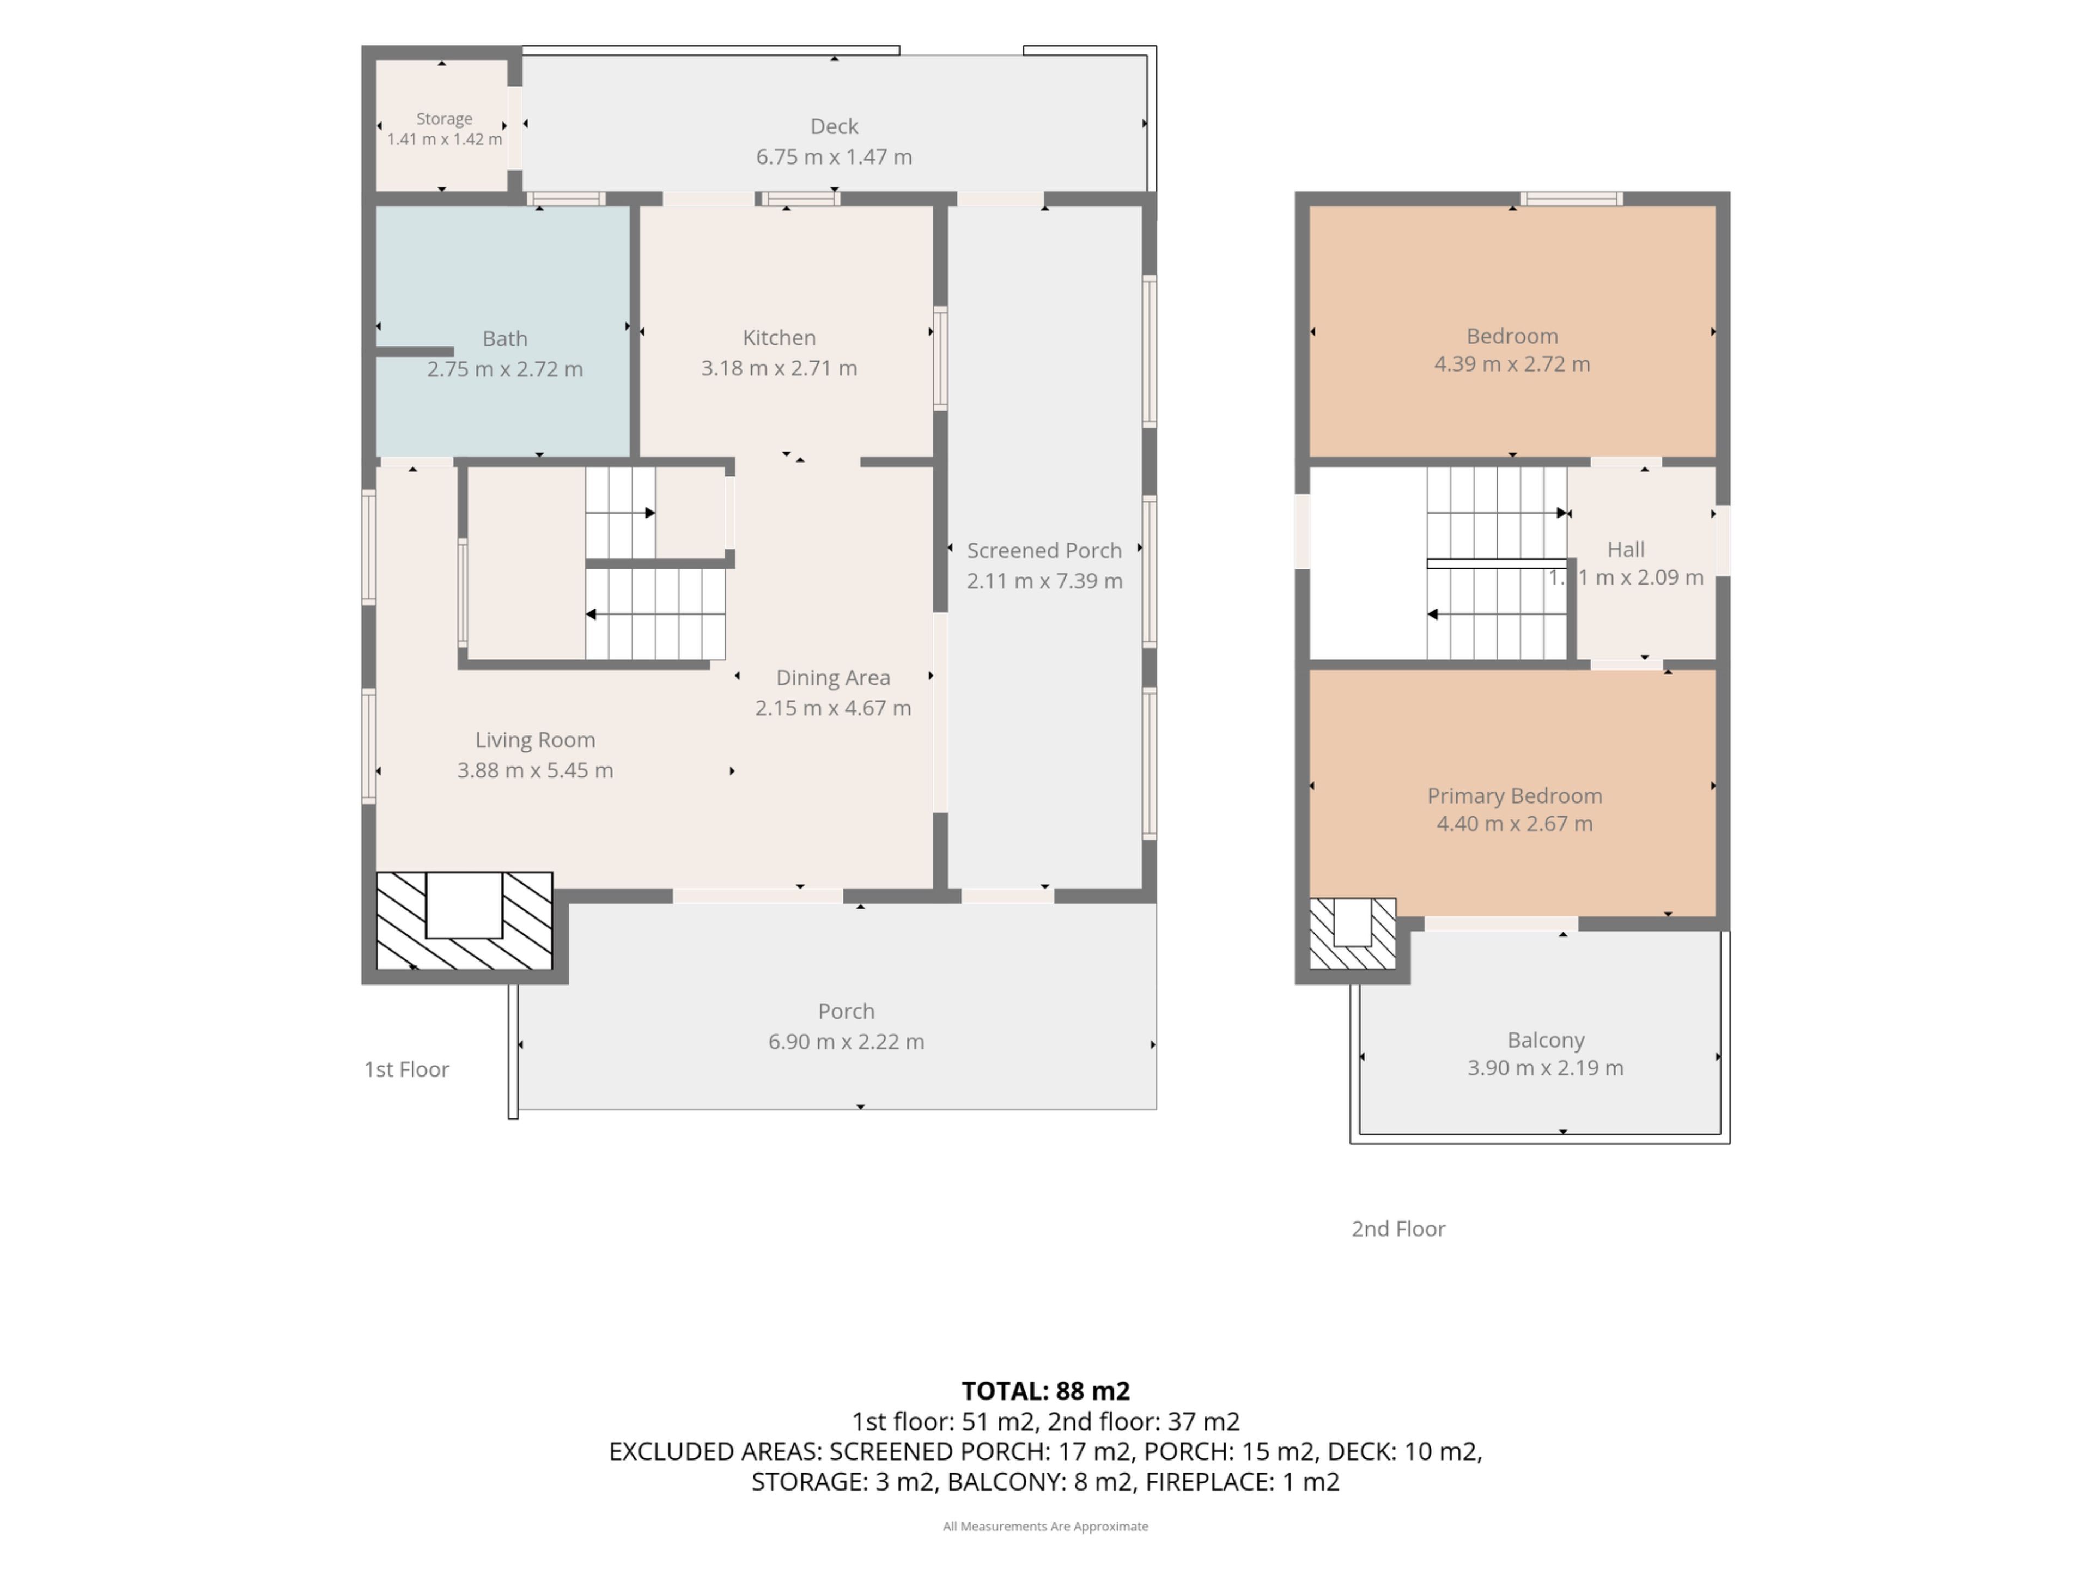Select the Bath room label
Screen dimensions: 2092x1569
point(505,338)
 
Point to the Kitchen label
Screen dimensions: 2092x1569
point(779,338)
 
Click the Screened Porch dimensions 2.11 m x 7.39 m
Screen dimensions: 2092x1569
point(1044,581)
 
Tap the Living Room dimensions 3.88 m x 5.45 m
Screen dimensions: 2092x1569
point(536,771)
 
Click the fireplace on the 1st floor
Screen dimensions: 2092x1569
point(464,920)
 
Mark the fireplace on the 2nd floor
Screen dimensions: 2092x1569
point(1352,933)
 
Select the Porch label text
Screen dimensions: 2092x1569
point(847,1011)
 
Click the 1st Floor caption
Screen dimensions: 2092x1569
point(406,1069)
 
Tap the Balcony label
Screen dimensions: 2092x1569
point(1546,1041)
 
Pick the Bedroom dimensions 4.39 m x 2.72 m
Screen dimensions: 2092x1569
point(1512,364)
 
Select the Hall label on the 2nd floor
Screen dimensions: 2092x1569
point(1626,550)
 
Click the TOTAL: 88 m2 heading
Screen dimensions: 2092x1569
point(1046,1391)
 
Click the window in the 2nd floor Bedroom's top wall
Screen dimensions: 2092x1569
point(1572,199)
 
